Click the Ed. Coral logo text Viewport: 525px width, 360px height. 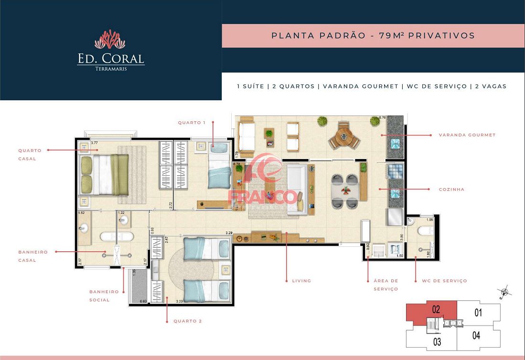[x=111, y=59]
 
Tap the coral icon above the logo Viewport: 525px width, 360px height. [x=110, y=40]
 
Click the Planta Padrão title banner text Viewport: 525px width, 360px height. [x=373, y=35]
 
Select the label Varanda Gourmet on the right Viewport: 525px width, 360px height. [x=467, y=135]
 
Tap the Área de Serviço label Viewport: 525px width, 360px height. [x=386, y=285]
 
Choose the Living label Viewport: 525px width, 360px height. [x=301, y=281]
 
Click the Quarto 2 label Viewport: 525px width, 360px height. [x=187, y=321]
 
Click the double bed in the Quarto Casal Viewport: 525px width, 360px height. [x=105, y=174]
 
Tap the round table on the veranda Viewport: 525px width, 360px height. [x=344, y=138]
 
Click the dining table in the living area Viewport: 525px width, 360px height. [x=344, y=190]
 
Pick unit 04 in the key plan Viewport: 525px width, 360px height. [x=476, y=335]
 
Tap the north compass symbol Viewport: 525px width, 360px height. [x=504, y=291]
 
